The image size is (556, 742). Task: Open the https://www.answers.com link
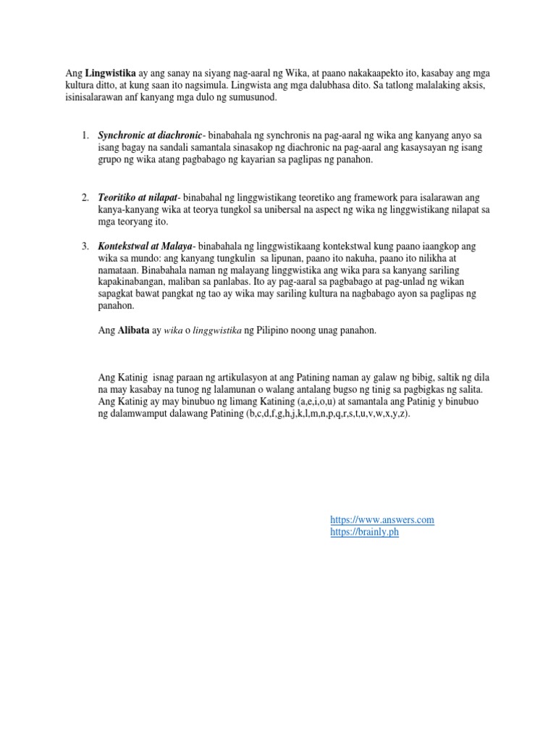382,520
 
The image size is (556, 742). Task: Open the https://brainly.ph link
364,532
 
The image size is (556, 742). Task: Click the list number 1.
85,136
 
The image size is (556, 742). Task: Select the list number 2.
85,198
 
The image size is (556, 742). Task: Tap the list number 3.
85,248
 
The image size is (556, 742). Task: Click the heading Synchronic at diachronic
151,136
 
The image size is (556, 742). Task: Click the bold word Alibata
130,330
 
